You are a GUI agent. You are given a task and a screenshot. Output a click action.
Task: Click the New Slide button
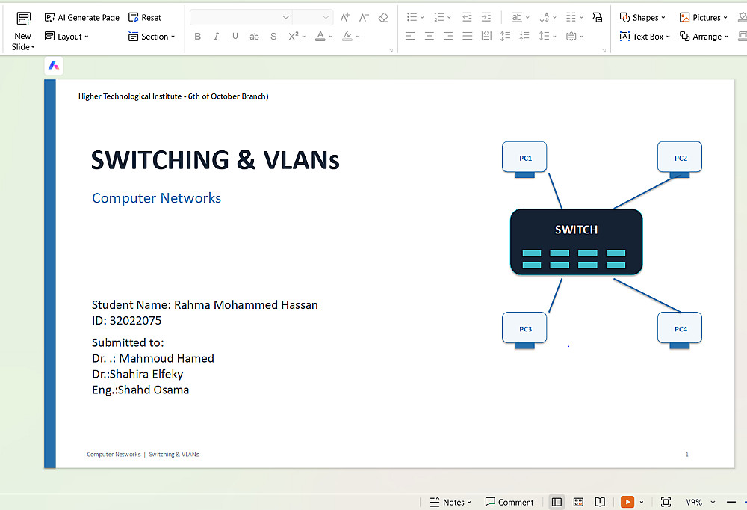coord(23,31)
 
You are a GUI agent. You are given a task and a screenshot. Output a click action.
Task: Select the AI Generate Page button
coord(82,18)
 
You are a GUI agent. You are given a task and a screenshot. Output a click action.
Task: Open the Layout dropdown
coord(66,36)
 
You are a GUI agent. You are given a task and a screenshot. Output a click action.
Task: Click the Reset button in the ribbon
coord(145,18)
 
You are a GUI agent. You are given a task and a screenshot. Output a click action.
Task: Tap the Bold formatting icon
coord(198,36)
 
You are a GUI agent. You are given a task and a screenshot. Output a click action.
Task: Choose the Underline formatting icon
coord(235,36)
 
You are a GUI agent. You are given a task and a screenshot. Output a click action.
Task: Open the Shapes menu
coord(642,18)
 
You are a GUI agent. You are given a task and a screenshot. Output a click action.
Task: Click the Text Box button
coord(645,36)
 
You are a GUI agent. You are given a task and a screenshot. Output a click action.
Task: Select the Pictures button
coord(703,18)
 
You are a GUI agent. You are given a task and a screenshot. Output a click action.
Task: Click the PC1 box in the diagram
coord(524,157)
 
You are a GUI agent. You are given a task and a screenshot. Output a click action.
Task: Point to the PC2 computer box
coord(680,157)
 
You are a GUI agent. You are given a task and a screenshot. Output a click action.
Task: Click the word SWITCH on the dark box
coord(576,230)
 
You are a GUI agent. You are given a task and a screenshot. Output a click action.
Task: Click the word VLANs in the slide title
coord(302,160)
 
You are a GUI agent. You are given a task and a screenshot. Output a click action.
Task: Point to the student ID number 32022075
coord(136,321)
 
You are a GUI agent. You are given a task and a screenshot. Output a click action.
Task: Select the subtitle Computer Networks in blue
coord(156,198)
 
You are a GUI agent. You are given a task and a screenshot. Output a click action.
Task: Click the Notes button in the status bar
coord(450,502)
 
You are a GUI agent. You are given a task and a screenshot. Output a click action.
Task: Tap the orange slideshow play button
coord(627,502)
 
